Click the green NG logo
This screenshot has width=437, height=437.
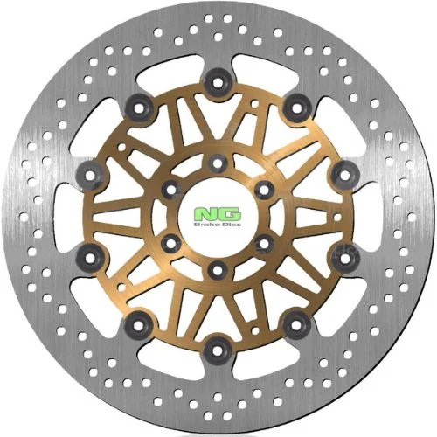218,214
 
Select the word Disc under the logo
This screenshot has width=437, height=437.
232,225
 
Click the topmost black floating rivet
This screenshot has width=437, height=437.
218,82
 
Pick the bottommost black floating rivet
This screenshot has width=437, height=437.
216,350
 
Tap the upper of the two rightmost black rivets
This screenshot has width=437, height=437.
345,175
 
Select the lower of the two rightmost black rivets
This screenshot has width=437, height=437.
345,258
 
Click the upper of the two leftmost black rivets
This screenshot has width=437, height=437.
90,175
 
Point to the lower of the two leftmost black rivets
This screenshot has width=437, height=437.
90,258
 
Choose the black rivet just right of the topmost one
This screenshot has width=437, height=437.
297,108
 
